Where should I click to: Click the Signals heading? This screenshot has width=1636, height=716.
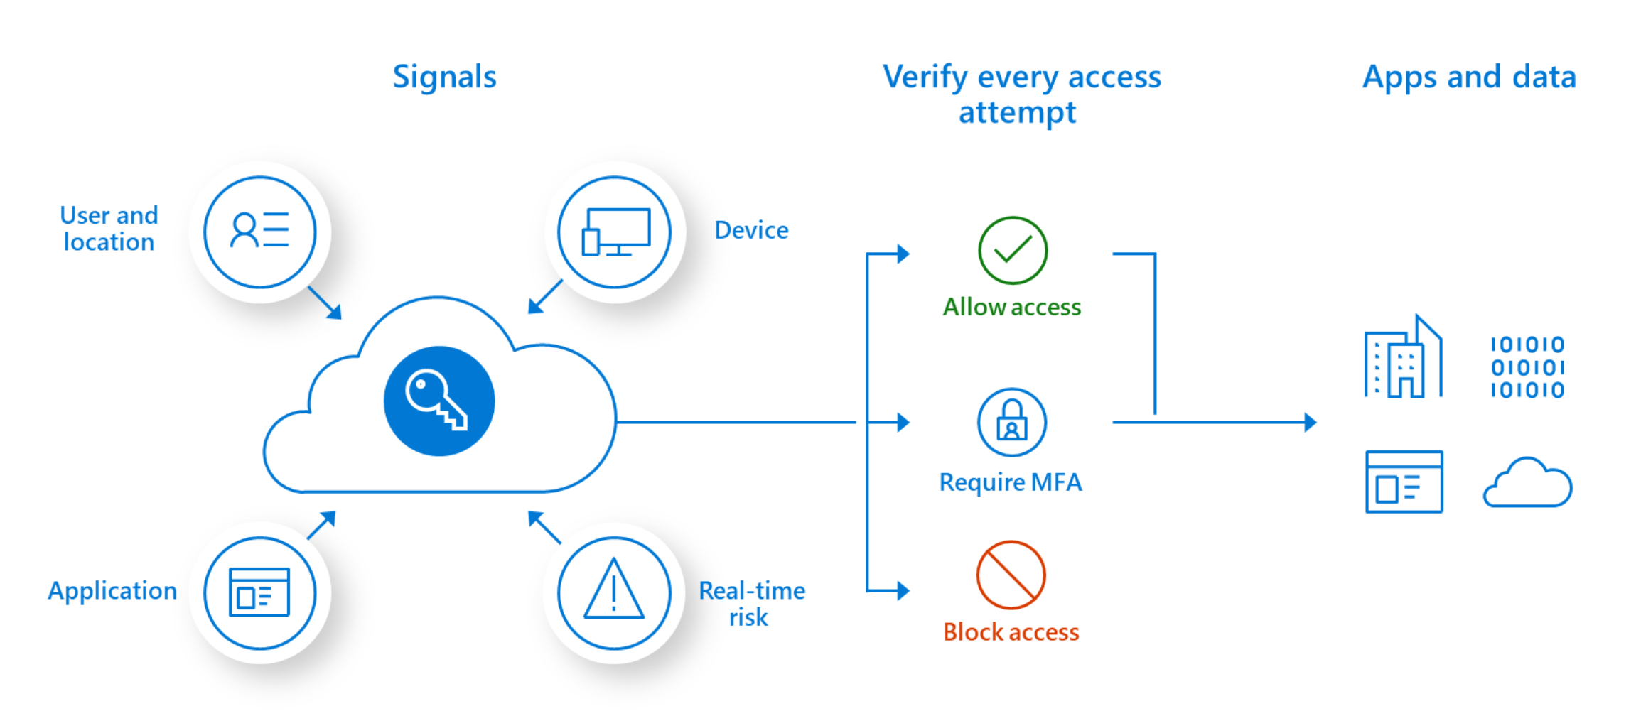pyautogui.click(x=444, y=77)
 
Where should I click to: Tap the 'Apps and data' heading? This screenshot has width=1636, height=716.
pyautogui.click(x=1469, y=77)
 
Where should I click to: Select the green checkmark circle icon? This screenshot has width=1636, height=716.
pyautogui.click(x=1012, y=251)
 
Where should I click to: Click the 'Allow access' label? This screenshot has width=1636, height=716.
pyautogui.click(x=1011, y=307)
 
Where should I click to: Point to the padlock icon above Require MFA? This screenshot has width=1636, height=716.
pyautogui.click(x=1012, y=422)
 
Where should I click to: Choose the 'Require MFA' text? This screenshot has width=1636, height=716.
pyautogui.click(x=1011, y=482)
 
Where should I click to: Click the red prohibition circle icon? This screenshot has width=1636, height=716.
pyautogui.click(x=1011, y=575)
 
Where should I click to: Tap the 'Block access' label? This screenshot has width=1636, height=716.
pyautogui.click(x=1011, y=631)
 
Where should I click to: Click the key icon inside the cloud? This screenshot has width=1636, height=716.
pyautogui.click(x=438, y=401)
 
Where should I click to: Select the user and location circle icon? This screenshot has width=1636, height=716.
pyautogui.click(x=260, y=232)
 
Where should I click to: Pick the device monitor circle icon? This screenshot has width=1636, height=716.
pyautogui.click(x=614, y=232)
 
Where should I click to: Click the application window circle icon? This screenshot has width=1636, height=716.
pyautogui.click(x=260, y=593)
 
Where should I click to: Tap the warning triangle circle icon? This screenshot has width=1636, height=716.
pyautogui.click(x=614, y=593)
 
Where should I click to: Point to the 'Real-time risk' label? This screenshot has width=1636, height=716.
pyautogui.click(x=751, y=604)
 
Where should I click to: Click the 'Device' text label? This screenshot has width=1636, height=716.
pyautogui.click(x=751, y=230)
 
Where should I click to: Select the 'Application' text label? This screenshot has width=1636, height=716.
pyautogui.click(x=112, y=591)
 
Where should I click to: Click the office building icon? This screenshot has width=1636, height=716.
pyautogui.click(x=1403, y=356)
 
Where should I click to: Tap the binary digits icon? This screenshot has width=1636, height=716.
pyautogui.click(x=1527, y=367)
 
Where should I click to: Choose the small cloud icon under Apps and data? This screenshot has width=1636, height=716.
pyautogui.click(x=1527, y=482)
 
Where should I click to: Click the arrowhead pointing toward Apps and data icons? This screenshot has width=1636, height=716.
pyautogui.click(x=1311, y=423)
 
